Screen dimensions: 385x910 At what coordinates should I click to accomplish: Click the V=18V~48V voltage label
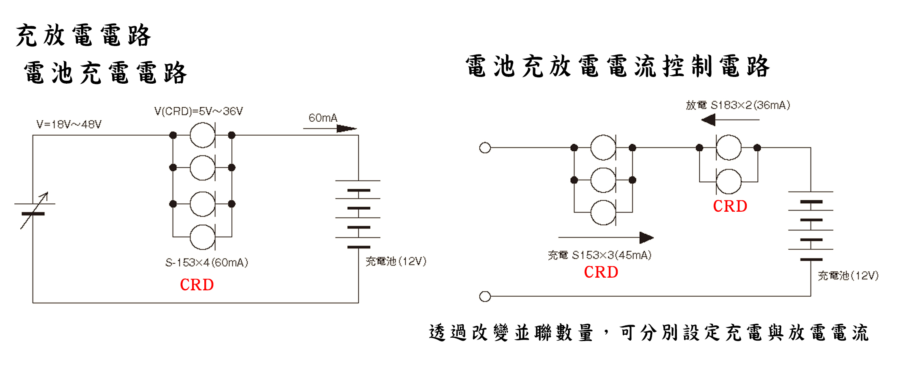[69, 124]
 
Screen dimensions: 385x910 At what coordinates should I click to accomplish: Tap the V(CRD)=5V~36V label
[198, 111]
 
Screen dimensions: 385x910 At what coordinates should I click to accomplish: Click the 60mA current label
[323, 118]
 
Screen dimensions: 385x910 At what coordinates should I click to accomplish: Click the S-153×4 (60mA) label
[206, 262]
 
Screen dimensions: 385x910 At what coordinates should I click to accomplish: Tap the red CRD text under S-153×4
[197, 285]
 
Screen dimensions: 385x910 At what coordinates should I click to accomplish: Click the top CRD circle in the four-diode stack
[202, 135]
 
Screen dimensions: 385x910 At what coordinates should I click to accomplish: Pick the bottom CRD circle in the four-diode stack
[202, 237]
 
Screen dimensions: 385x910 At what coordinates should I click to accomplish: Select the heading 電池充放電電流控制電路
[618, 66]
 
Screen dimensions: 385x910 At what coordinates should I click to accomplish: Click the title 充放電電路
[83, 35]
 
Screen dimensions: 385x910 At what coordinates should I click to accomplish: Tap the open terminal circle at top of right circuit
[485, 148]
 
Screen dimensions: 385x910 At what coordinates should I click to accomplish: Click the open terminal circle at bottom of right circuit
[485, 296]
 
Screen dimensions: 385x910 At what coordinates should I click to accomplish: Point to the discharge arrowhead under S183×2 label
[709, 120]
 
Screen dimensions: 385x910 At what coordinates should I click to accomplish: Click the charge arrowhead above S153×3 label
[646, 238]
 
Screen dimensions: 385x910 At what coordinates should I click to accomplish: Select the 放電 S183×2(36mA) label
[738, 105]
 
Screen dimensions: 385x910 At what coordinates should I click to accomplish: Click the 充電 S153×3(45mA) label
[599, 255]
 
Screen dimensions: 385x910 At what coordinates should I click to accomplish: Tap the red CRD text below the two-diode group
[730, 206]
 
